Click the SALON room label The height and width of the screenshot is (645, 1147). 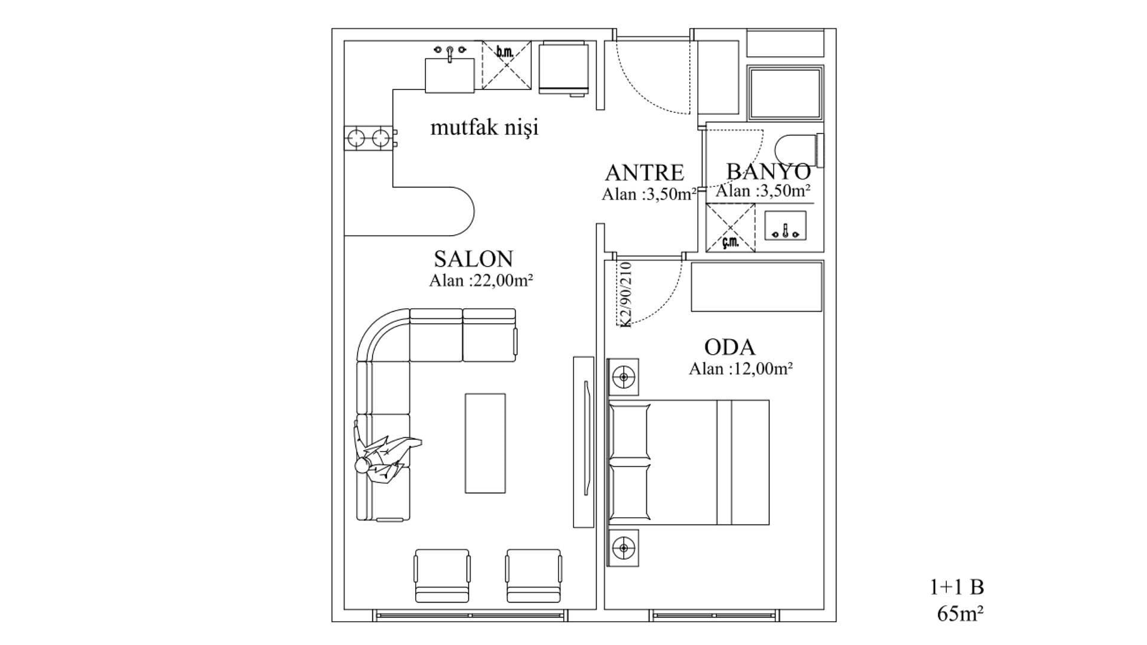[473, 259]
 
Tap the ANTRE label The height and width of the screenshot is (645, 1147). [644, 173]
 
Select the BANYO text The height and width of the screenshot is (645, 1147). [768, 171]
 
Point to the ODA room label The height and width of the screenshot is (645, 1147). [729, 347]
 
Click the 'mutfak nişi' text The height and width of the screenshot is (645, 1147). [484, 127]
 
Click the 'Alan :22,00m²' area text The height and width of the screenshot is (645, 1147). [481, 280]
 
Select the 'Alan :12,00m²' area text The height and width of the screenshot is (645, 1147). [741, 368]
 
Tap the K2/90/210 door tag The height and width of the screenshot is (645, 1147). [625, 294]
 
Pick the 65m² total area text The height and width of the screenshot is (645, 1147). [961, 613]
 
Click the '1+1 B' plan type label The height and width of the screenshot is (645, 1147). [956, 587]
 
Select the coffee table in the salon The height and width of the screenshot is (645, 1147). [485, 443]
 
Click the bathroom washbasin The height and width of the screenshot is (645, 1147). [786, 226]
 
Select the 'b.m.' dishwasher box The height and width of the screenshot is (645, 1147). [507, 65]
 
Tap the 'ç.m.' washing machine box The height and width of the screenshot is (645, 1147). [730, 228]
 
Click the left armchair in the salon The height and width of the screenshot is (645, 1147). [442, 576]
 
